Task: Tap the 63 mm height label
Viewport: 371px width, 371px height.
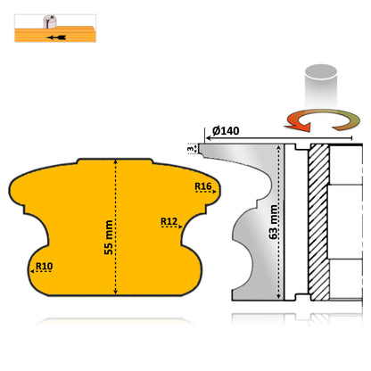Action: [x=273, y=218]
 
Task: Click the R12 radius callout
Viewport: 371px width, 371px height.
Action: [x=170, y=220]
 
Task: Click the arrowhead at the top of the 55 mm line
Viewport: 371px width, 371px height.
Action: [x=115, y=163]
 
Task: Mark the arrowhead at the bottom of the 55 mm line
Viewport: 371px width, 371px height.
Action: [x=115, y=292]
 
